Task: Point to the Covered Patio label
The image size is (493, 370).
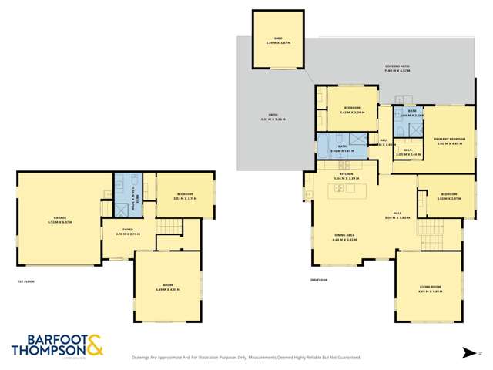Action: pyautogui.click(x=397, y=68)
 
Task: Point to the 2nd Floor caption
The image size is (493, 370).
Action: pyautogui.click(x=312, y=281)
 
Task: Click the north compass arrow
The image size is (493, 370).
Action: pyautogui.click(x=469, y=352)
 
